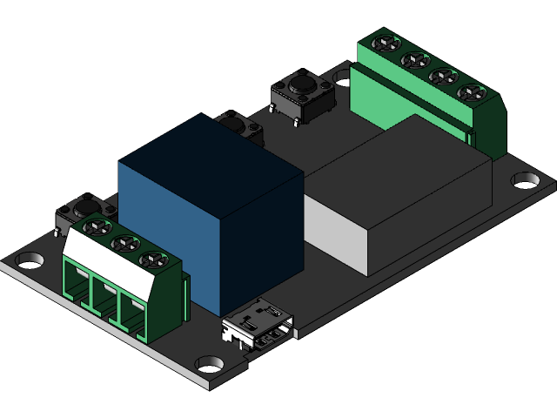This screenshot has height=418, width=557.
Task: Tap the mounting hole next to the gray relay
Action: pos(526,179)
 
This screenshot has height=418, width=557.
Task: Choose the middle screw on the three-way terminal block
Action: pos(122,243)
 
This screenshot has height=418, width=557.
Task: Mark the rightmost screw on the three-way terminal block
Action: pos(153,258)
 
